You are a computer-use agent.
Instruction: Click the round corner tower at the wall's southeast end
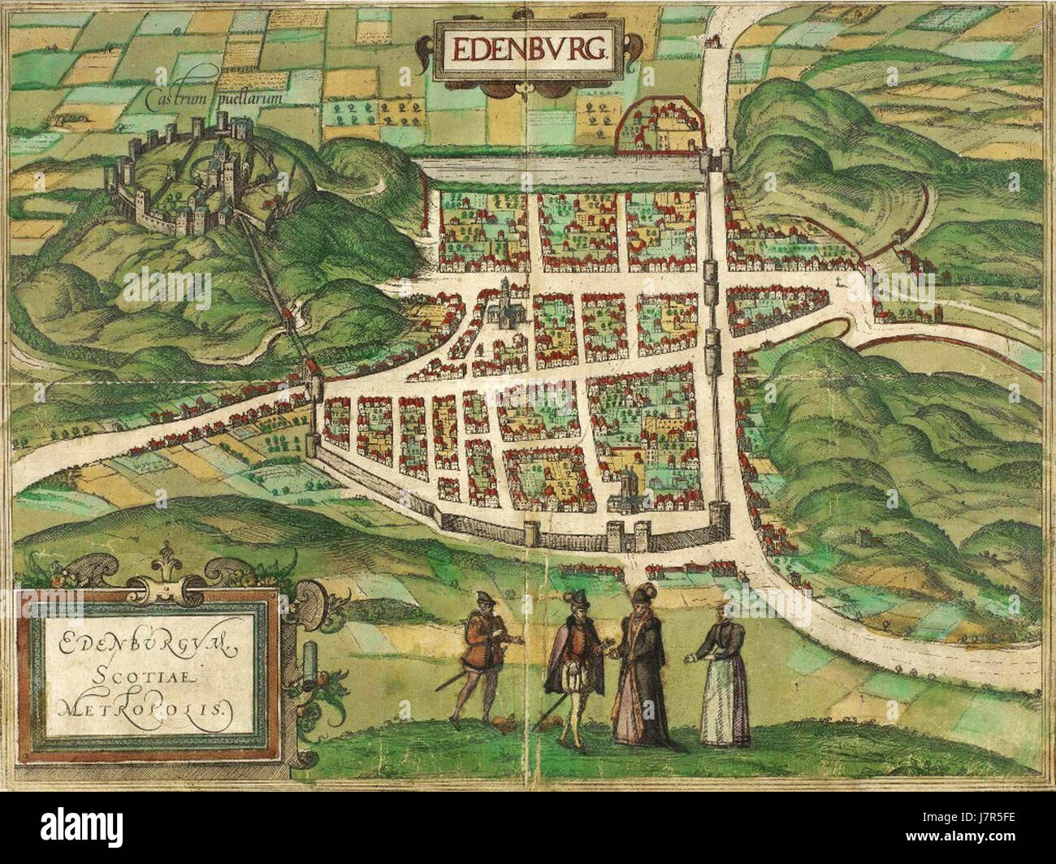pyautogui.click(x=719, y=521)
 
